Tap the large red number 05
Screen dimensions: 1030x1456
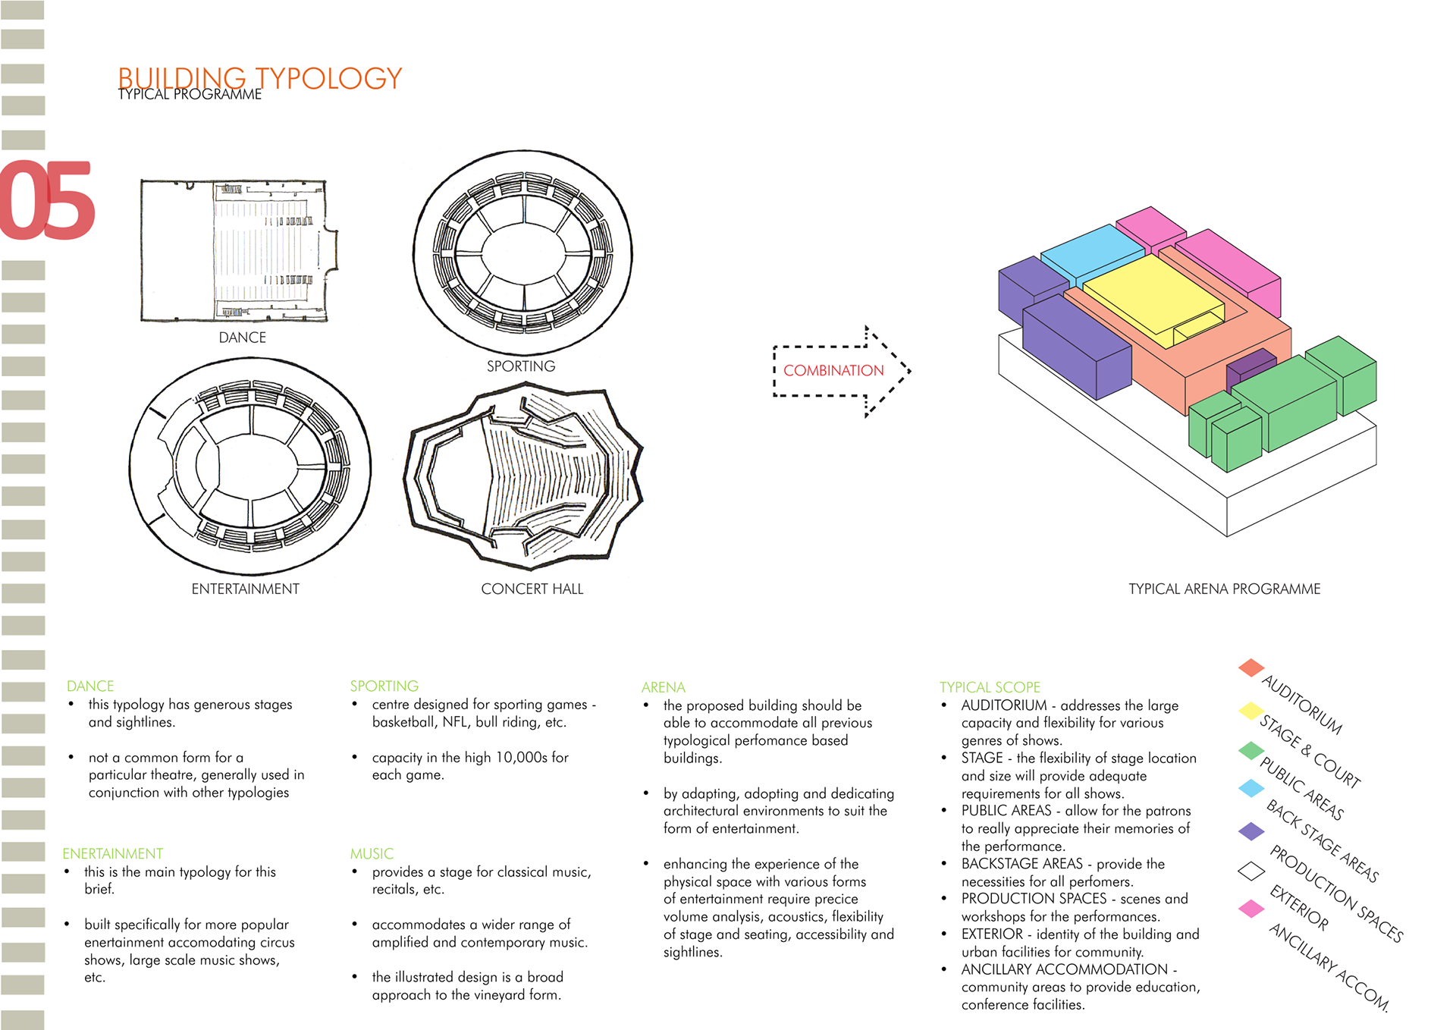(x=47, y=200)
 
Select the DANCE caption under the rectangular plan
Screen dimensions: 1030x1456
(x=242, y=338)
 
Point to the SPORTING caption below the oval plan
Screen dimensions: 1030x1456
(x=520, y=366)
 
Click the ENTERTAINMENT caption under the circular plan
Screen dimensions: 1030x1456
(x=245, y=589)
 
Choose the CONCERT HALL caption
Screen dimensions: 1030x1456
(x=532, y=589)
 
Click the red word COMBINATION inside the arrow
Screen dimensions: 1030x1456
(x=833, y=370)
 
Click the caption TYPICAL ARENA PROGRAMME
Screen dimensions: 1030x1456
(x=1224, y=589)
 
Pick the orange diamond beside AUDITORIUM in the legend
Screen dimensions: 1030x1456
(x=1250, y=667)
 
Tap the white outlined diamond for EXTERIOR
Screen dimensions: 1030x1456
(x=1250, y=871)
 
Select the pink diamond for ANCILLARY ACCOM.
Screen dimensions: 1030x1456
(x=1250, y=908)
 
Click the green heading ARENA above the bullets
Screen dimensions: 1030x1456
(x=663, y=687)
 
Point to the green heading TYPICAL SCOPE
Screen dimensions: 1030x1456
(x=990, y=687)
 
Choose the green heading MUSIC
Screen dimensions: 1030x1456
(x=372, y=853)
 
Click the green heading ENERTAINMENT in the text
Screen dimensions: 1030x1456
(x=112, y=853)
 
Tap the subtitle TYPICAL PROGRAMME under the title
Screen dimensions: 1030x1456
(x=190, y=94)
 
